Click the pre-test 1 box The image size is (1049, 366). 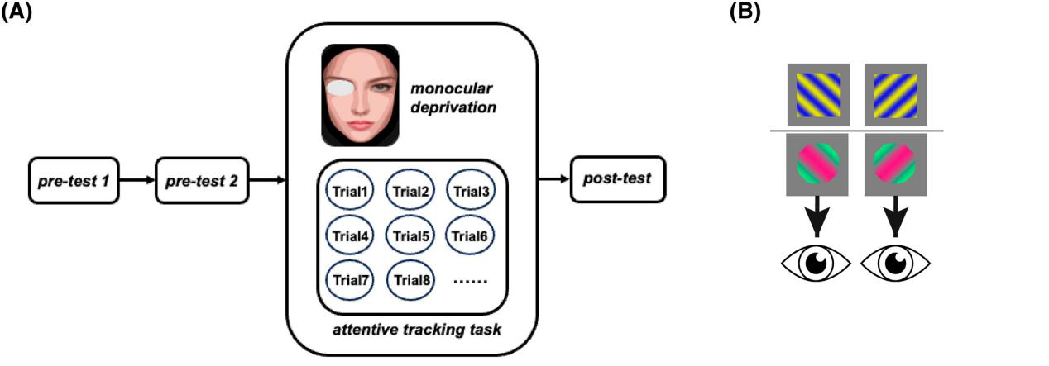[x=74, y=178]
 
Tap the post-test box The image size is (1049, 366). [x=618, y=178]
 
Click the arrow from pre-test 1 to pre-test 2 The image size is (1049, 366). [x=135, y=178]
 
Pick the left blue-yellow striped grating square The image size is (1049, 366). [x=815, y=93]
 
